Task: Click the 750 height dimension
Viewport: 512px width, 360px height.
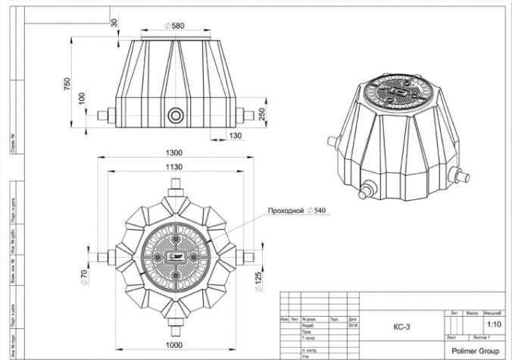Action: pyautogui.click(x=67, y=81)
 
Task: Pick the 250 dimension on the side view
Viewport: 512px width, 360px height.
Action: pyautogui.click(x=261, y=113)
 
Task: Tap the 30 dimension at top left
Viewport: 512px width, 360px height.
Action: pyautogui.click(x=114, y=23)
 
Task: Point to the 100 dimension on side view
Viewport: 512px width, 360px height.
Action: pyautogui.click(x=83, y=99)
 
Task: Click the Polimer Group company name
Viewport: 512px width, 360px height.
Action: pyautogui.click(x=474, y=350)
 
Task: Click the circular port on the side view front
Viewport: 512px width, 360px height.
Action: pyautogui.click(x=176, y=116)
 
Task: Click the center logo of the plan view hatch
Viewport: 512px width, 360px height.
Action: pyautogui.click(x=176, y=256)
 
